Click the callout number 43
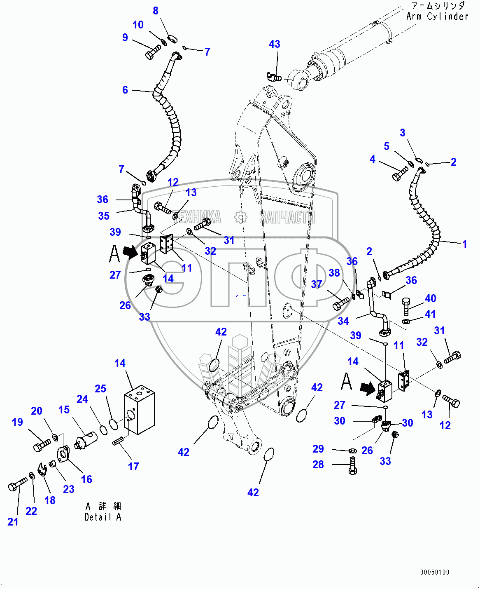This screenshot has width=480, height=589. tap(275, 45)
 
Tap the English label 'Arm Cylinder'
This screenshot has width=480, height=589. tap(437, 16)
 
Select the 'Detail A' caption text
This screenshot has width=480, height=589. tap(103, 517)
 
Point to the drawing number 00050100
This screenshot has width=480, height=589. tap(435, 572)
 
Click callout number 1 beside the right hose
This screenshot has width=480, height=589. tap(464, 244)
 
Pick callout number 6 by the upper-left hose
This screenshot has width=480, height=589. tap(125, 90)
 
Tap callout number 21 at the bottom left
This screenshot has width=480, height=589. tap(13, 522)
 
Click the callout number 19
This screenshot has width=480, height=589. tap(17, 422)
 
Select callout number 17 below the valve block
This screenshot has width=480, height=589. tap(133, 467)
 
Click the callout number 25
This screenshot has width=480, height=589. tap(100, 389)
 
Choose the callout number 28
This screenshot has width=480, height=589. tap(318, 465)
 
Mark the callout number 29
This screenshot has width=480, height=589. tap(318, 449)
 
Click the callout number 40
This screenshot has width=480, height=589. tap(430, 298)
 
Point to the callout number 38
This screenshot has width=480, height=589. tap(334, 273)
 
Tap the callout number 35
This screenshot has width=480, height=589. tap(104, 216)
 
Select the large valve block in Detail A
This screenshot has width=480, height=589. tap(139, 410)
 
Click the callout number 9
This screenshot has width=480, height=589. tap(125, 38)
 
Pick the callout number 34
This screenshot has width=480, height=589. tap(343, 321)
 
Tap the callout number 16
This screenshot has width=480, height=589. tap(86, 479)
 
